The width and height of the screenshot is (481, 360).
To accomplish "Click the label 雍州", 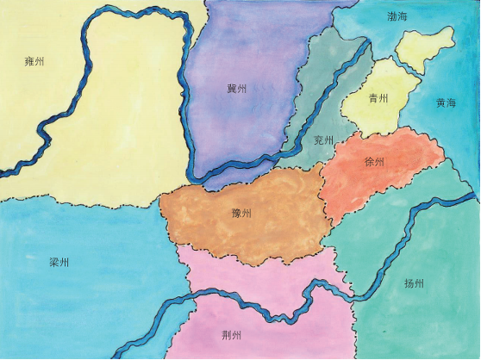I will coord(34,62).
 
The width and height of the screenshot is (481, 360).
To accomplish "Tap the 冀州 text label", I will coord(237,89).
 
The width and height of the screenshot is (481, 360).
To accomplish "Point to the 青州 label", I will coord(378,98).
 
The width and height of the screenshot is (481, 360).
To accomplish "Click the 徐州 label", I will coord(375,162).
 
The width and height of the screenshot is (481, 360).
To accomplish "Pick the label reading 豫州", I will coord(242,213).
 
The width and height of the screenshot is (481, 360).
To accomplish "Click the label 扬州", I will coord(414,282).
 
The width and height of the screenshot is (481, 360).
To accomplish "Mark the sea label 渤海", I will coord(398,17).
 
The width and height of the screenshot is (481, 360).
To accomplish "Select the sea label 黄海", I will coord(446,102).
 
